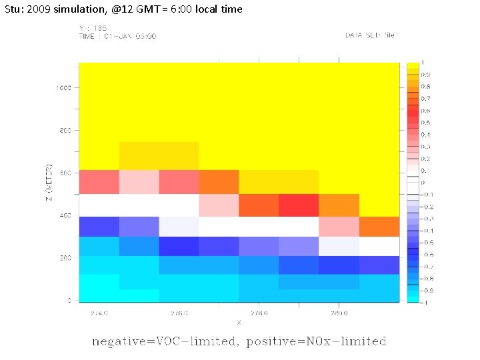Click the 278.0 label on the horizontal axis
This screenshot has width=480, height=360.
[259, 312]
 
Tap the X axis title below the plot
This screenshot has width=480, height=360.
[239, 322]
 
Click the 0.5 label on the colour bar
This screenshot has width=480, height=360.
[425, 123]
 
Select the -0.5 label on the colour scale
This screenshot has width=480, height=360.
[426, 243]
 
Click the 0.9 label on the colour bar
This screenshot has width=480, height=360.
[425, 74]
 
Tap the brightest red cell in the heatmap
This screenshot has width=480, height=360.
[299, 205]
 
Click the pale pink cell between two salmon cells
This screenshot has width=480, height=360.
[139, 181]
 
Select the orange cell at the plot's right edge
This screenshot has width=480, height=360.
[379, 227]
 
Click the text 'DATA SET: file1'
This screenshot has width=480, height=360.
[372, 35]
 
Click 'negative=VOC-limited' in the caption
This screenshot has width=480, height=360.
[164, 341]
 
